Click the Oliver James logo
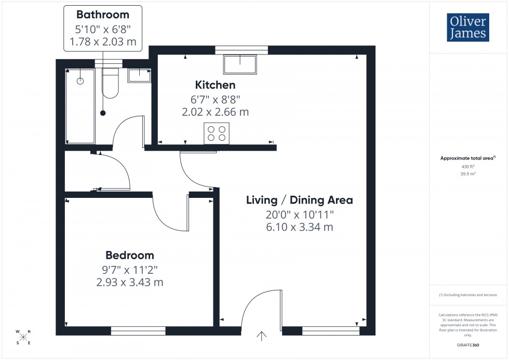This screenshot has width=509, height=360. (467, 28)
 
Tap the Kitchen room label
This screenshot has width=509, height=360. (215, 85)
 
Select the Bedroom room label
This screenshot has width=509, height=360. (129, 255)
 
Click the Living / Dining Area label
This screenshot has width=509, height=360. (299, 200)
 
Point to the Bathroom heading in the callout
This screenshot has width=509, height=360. (102, 15)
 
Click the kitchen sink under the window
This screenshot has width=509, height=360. (240, 65)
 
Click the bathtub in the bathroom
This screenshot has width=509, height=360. (81, 106)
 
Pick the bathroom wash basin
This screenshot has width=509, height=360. (139, 75)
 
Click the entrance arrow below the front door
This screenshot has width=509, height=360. (261, 337)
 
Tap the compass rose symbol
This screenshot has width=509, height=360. (23, 337)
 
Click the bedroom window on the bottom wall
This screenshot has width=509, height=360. (138, 330)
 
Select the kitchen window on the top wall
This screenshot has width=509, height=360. (242, 50)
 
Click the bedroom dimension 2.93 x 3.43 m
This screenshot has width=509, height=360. (129, 282)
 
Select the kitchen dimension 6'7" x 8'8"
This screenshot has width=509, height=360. (215, 99)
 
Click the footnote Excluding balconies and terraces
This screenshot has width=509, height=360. (468, 295)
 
